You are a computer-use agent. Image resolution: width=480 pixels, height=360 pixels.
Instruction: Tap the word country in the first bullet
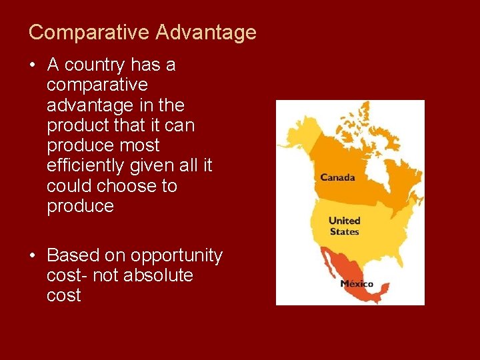pyautogui.click(x=95, y=65)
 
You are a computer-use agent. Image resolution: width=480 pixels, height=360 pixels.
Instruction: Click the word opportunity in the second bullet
pyautogui.click(x=176, y=255)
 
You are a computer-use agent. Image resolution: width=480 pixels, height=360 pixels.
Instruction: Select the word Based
pyautogui.click(x=72, y=255)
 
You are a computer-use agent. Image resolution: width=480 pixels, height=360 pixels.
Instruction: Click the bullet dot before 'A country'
pyautogui.click(x=32, y=65)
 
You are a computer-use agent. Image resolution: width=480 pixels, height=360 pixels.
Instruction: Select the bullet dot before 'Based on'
pyautogui.click(x=32, y=255)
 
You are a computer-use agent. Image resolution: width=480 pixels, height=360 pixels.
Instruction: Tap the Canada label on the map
pyautogui.click(x=337, y=177)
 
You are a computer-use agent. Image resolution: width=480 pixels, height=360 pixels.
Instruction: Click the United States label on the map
pyautogui.click(x=344, y=226)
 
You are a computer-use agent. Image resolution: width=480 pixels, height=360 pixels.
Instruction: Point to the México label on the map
pyautogui.click(x=357, y=283)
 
